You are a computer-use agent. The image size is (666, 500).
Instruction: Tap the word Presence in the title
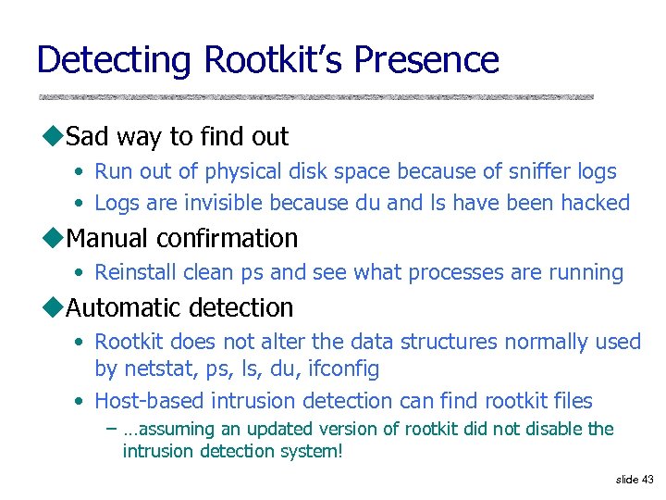click(426, 60)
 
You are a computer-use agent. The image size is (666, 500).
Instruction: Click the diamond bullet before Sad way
click(52, 137)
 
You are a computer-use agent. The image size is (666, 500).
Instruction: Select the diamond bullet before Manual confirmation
click(52, 238)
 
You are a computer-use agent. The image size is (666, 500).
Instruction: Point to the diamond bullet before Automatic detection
click(52, 307)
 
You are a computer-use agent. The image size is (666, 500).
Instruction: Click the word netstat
click(150, 369)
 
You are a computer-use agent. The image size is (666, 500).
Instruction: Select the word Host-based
click(150, 401)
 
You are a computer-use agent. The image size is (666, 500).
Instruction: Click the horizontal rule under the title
click(315, 97)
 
